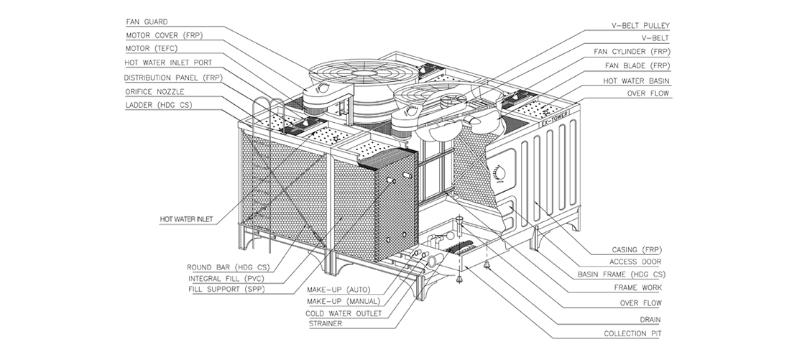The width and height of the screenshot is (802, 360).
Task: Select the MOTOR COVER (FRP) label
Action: point(161,35)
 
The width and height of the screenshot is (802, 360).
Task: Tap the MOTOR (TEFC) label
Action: point(152,49)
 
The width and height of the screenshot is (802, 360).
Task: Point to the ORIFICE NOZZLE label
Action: point(155,91)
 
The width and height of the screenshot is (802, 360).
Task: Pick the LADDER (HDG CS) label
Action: point(158,105)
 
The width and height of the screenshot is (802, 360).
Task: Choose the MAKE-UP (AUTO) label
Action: point(338,290)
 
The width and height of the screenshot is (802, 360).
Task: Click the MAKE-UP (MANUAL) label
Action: point(343,301)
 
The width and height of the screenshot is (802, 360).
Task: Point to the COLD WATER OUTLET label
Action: point(344,313)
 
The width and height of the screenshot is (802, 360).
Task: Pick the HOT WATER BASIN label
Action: point(636,80)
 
